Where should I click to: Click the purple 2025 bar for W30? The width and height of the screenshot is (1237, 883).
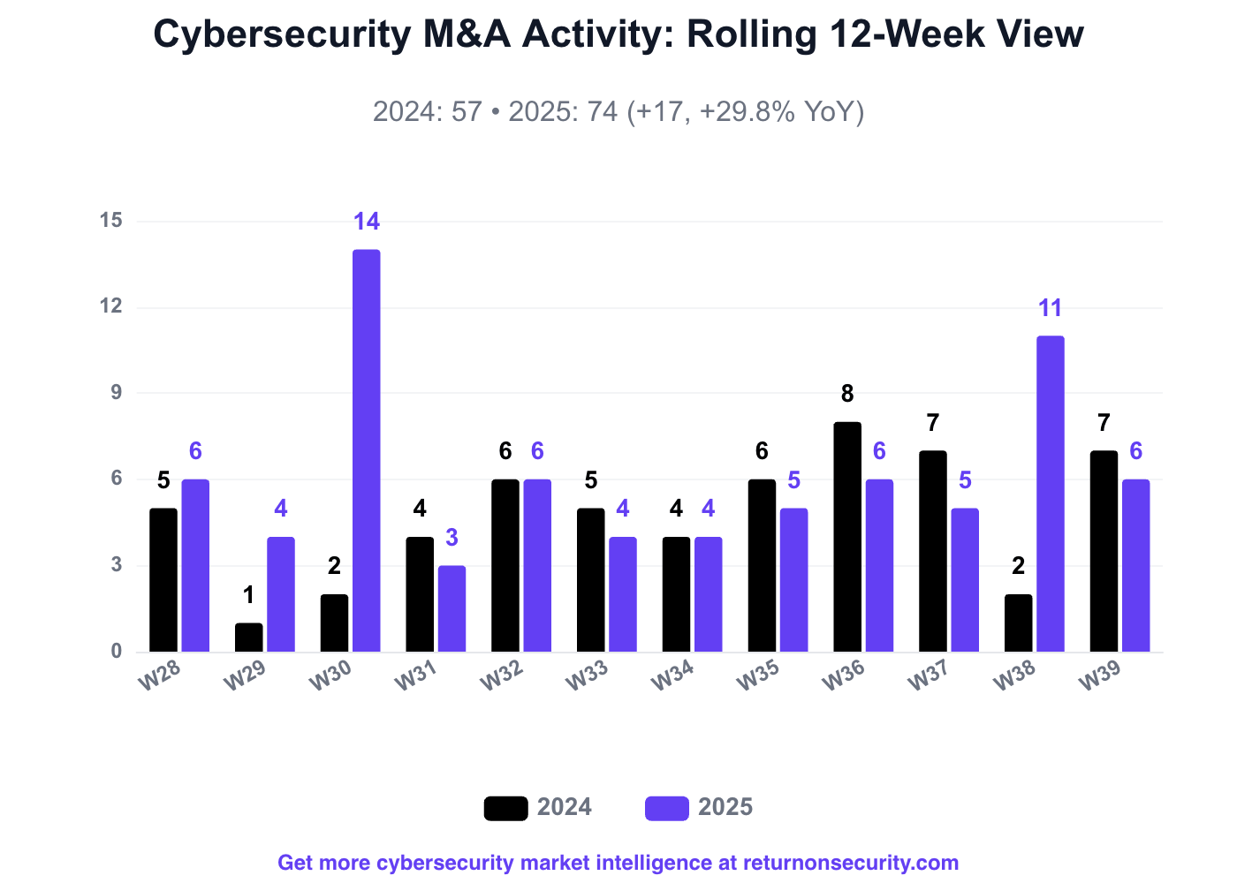tap(367, 450)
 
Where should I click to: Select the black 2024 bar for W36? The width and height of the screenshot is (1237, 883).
tap(847, 537)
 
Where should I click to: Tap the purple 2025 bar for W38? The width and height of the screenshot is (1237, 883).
tap(1051, 494)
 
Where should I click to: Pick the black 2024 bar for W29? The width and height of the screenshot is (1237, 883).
tap(249, 638)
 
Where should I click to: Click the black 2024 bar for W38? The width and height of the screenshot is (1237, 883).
tap(1018, 623)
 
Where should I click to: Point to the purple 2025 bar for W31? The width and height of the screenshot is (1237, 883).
tap(452, 608)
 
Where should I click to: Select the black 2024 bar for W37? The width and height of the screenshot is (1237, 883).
tap(933, 551)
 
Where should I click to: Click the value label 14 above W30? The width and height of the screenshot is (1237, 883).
tap(367, 222)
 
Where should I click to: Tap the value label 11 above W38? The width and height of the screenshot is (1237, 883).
tap(1050, 308)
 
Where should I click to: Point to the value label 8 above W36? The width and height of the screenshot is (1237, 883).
tap(847, 394)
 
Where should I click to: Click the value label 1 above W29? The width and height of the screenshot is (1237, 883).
tap(249, 595)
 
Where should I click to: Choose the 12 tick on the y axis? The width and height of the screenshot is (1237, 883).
tap(111, 306)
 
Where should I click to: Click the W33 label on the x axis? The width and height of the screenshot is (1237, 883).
tap(587, 675)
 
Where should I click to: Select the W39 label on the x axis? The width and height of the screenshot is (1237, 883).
tap(1100, 675)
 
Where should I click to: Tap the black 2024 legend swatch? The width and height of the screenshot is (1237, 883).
tap(505, 808)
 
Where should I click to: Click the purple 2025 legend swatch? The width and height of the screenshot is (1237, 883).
tap(667, 808)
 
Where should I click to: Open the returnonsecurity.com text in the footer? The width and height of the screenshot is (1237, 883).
tap(850, 863)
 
